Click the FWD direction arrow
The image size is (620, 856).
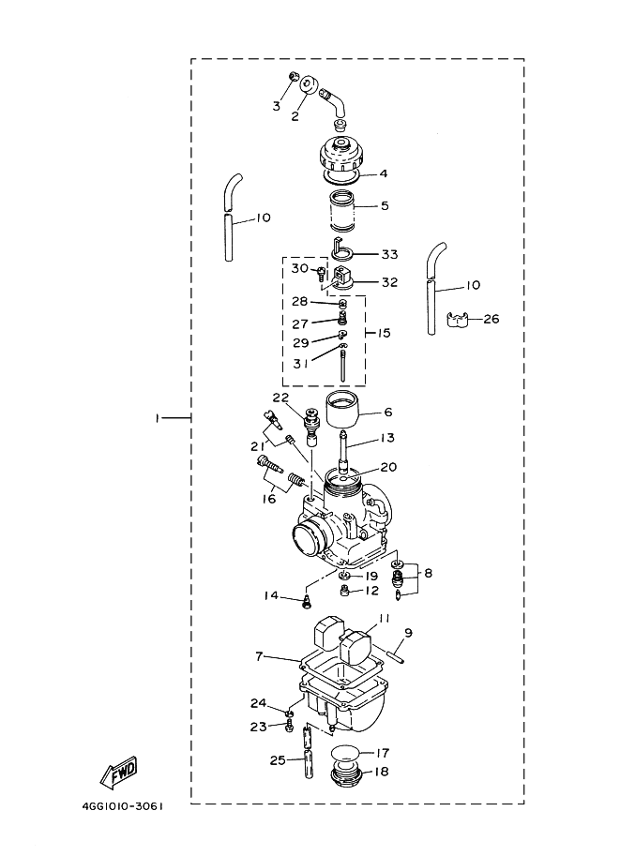point(119,773)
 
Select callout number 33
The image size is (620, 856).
point(389,254)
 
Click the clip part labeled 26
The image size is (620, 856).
point(458,320)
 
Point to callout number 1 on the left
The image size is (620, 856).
point(158,417)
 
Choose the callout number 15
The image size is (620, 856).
point(384,333)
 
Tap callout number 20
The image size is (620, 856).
point(387,466)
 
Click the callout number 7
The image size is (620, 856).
point(259,656)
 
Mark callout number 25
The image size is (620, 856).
point(276,759)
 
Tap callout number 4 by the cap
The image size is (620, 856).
point(383,174)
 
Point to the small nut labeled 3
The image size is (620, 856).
point(294,78)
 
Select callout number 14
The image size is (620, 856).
point(270,595)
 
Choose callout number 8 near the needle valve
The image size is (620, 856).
point(428,573)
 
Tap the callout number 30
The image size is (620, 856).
point(298,268)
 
